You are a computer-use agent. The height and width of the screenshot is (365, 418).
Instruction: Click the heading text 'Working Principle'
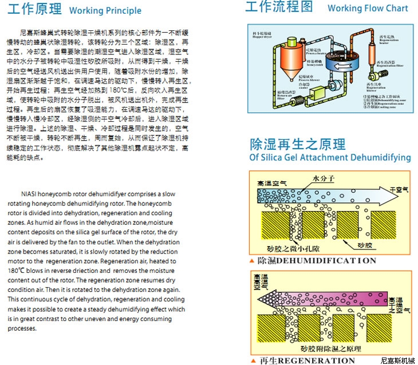click(105, 10)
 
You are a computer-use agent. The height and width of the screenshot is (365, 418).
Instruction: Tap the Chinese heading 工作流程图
click(279, 7)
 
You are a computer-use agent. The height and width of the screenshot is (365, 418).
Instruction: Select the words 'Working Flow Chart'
click(368, 8)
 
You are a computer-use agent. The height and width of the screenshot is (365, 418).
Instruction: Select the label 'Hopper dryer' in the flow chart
click(263, 35)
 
